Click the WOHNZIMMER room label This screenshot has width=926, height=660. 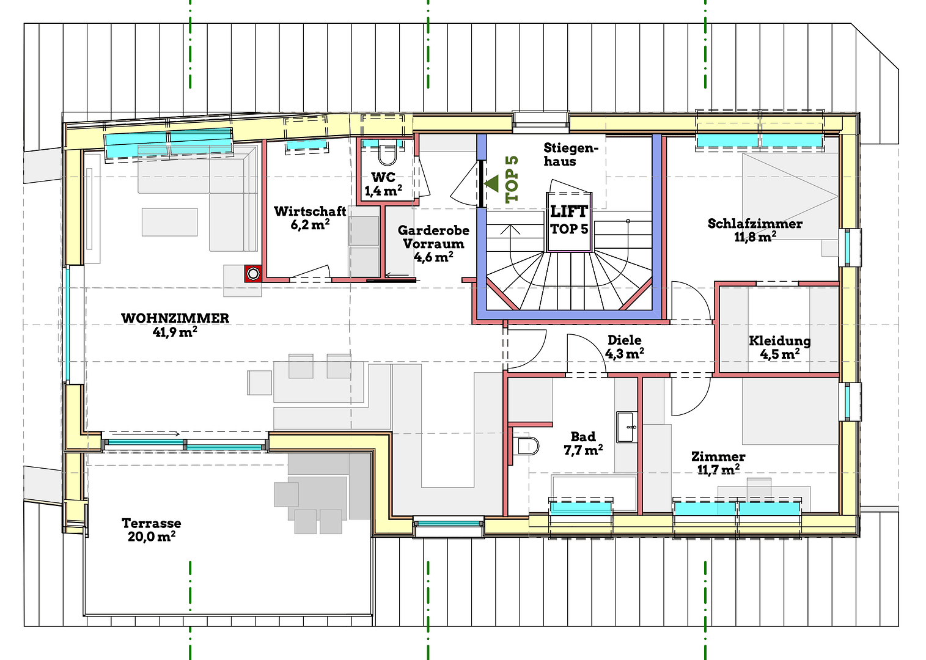point(175,318)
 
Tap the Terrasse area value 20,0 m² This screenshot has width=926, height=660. point(152,537)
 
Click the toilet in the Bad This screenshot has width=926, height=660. point(527,446)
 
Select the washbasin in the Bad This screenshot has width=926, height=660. point(626,426)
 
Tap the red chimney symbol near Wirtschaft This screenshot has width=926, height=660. point(253,274)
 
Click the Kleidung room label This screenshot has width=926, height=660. point(779,340)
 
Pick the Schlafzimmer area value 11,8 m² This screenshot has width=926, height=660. point(755,237)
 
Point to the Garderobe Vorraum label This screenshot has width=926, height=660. point(433,237)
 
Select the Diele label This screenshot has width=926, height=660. point(624,340)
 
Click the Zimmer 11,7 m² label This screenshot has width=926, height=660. point(718,463)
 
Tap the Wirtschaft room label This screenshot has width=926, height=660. point(310,211)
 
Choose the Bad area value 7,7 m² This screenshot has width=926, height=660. point(582,450)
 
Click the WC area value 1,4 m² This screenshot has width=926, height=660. point(383,191)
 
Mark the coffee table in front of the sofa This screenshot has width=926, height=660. point(170,222)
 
